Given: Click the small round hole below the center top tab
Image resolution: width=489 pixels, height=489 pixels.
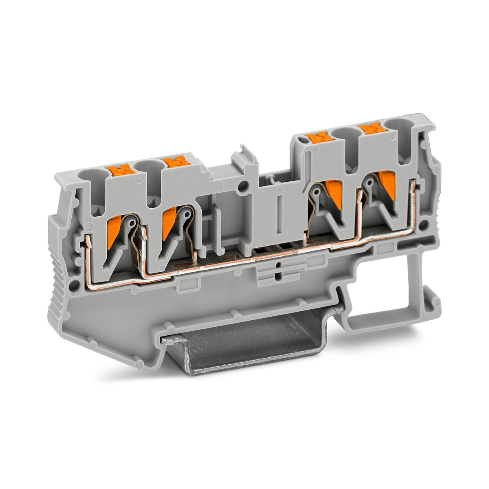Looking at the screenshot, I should pyautogui.click(x=243, y=186).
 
